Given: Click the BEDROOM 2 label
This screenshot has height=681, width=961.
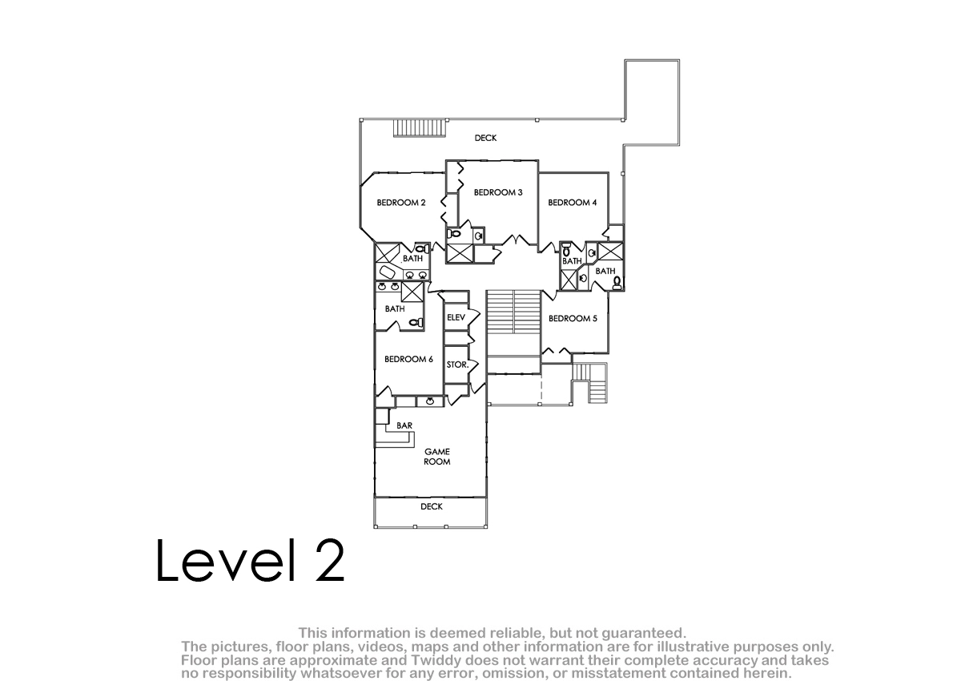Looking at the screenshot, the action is [401, 203].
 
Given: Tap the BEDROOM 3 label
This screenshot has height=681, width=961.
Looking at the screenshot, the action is [498, 192].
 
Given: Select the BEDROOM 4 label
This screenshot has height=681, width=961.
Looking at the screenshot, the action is [573, 203].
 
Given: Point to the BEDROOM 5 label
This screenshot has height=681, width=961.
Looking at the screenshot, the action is [573, 318].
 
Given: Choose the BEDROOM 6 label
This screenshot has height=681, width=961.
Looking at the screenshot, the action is [408, 359].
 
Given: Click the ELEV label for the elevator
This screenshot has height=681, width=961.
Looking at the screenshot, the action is [456, 317].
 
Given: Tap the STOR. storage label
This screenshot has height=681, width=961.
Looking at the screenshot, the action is [457, 365].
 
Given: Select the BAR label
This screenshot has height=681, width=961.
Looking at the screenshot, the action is [404, 425].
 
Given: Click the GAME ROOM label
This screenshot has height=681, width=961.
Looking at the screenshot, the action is [437, 457].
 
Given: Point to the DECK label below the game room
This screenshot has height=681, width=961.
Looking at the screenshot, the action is [432, 507].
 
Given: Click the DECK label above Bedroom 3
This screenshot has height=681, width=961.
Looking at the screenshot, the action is [485, 138].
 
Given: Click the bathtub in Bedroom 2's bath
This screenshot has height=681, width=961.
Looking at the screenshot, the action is [387, 272].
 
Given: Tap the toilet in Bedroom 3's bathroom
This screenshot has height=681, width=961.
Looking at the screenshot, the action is [453, 234].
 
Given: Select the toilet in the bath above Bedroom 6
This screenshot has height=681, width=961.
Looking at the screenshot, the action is [416, 322].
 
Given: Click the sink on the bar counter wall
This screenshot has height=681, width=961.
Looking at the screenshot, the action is [430, 401].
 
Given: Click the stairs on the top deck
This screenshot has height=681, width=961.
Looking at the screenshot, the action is [420, 128].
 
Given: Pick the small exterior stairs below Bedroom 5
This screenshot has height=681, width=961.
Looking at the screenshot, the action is [591, 383].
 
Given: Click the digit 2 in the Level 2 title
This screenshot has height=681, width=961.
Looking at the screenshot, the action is [330, 560].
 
